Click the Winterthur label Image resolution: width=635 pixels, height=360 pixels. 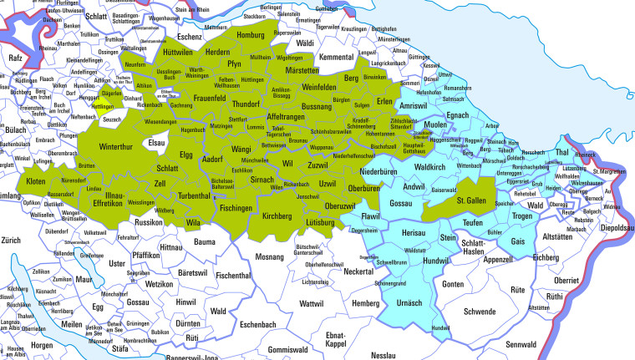pos(116,147)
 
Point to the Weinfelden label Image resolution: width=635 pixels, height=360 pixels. pos(302,87)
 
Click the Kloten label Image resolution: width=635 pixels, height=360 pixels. pos(36,181)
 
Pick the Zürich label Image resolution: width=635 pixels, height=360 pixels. pos(13,241)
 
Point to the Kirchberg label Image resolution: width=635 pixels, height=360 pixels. pos(277,216)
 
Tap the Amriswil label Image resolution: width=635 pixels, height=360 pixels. pos(413,107)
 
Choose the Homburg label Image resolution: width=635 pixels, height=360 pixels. pos(251,36)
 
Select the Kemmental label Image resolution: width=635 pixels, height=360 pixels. pos(338,57)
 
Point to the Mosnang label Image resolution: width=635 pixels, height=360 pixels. pos(270,256)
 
